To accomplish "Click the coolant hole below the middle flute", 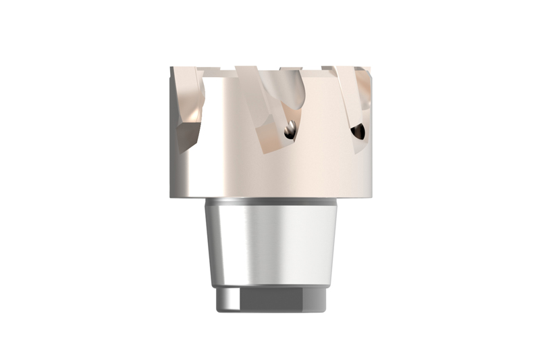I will (x=289, y=131).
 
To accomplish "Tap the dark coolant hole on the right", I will (x=358, y=130).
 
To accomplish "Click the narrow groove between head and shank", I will (x=270, y=201).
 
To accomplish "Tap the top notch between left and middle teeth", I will (x=219, y=71).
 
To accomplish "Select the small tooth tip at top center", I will (x=290, y=69).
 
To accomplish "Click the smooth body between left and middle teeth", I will (x=226, y=135).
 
